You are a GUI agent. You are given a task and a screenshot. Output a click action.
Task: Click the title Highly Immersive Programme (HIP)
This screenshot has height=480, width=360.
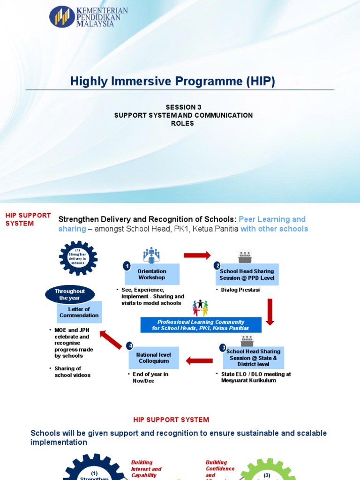[172, 82]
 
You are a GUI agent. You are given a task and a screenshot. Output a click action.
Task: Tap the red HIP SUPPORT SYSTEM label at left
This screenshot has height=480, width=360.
[28, 219]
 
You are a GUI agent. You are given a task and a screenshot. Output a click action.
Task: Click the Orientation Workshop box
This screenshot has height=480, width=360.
[152, 275]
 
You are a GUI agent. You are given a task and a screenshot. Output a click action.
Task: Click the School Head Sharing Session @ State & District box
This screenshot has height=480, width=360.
[247, 358]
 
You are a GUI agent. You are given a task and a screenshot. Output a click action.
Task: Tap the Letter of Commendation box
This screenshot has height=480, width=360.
[79, 312]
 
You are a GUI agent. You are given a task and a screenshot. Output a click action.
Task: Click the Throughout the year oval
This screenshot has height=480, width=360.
[70, 294]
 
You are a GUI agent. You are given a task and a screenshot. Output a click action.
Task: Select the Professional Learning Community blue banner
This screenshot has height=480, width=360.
[201, 325]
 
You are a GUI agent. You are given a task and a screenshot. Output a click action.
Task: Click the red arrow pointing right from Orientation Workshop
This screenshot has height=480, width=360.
[197, 255]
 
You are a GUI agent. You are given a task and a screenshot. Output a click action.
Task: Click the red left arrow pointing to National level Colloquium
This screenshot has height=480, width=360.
[199, 361]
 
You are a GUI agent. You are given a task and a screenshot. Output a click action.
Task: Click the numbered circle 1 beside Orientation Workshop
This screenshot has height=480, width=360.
[127, 266]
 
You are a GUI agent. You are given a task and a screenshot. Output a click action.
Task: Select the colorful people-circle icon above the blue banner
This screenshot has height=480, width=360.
[200, 308]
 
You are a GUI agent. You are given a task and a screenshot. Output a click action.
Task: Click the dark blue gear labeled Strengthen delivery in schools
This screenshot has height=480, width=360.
[78, 257]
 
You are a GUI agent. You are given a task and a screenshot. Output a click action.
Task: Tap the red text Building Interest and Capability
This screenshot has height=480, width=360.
[146, 469]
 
